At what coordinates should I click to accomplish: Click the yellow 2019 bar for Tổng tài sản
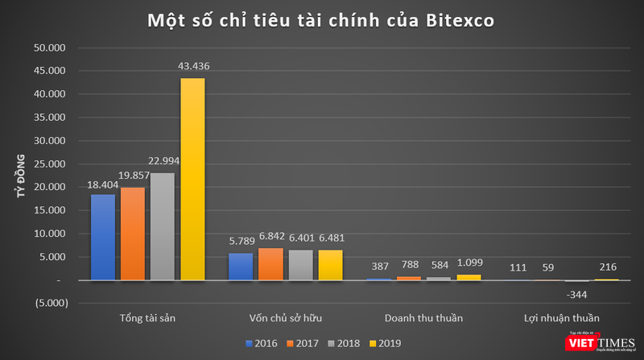[x=192, y=179]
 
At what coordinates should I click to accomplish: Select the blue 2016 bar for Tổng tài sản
[x=102, y=237]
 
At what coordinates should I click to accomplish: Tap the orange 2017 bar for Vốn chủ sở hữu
[x=270, y=264]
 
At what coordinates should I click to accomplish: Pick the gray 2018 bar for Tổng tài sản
[x=163, y=226]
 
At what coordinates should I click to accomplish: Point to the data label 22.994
[x=163, y=161]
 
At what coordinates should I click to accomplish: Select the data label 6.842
[x=270, y=239]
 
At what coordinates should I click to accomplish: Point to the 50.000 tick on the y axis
[x=51, y=48]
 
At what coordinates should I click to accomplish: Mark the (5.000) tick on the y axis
[x=51, y=304]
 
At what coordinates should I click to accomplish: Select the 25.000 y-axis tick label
[x=51, y=163]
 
